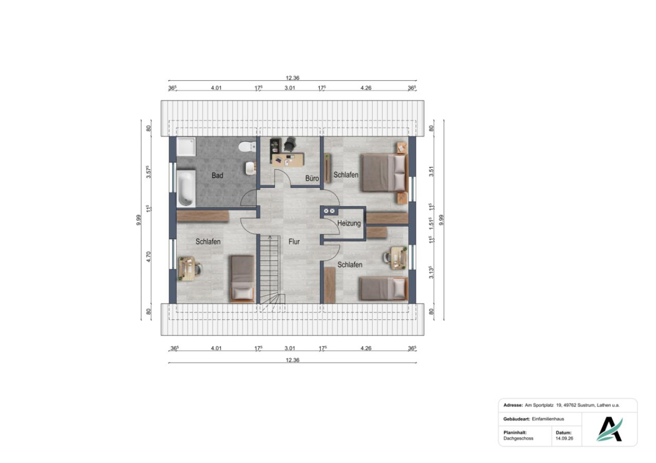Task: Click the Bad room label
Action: pyautogui.click(x=217, y=175)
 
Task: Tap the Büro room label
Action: pyautogui.click(x=312, y=178)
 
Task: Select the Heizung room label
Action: pyautogui.click(x=349, y=223)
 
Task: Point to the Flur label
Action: pyautogui.click(x=294, y=242)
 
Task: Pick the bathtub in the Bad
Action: pyautogui.click(x=186, y=188)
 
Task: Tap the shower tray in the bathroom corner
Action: pyautogui.click(x=186, y=147)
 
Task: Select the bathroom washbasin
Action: pyautogui.click(x=251, y=168)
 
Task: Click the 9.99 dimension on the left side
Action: pyautogui.click(x=139, y=220)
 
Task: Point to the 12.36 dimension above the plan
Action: pyautogui.click(x=292, y=78)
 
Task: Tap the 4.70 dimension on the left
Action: pyautogui.click(x=148, y=257)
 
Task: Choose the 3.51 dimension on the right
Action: pyautogui.click(x=431, y=171)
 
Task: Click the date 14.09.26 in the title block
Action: pyautogui.click(x=564, y=438)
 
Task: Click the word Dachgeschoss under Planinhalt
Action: pyautogui.click(x=519, y=438)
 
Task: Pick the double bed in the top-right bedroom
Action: pyautogui.click(x=385, y=173)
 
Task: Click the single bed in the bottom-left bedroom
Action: pyautogui.click(x=243, y=279)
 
